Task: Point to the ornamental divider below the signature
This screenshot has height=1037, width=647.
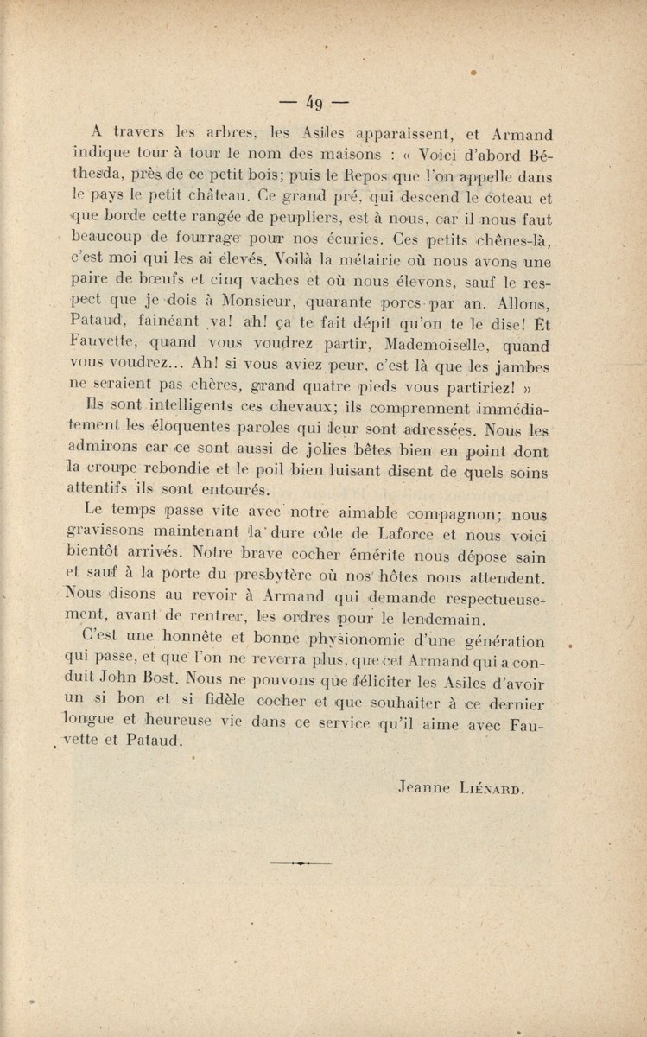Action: tap(300, 862)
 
